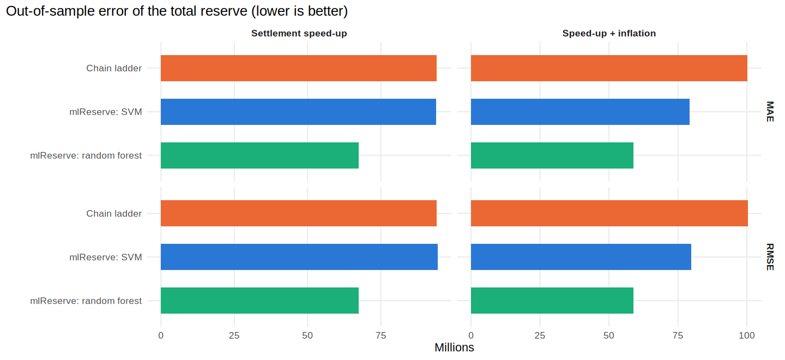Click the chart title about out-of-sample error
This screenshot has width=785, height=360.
click(177, 11)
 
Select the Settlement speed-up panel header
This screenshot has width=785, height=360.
click(299, 33)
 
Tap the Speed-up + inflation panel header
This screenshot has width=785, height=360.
click(609, 33)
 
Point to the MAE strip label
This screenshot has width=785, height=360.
click(770, 112)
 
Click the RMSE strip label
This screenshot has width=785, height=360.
click(770, 257)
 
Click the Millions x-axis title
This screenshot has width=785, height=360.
click(454, 347)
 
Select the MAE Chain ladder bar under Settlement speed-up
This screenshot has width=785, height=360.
click(299, 68)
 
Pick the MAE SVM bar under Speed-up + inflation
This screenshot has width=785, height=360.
click(580, 112)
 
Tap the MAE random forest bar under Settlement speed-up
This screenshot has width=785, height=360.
click(259, 155)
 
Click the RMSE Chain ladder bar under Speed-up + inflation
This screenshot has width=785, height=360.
click(609, 213)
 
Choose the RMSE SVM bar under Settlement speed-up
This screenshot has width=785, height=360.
click(299, 257)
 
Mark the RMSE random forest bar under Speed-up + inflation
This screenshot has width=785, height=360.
click(552, 301)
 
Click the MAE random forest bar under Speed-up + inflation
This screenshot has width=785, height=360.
click(552, 155)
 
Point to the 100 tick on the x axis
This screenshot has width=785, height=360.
click(746, 335)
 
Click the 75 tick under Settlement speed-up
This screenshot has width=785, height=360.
click(381, 335)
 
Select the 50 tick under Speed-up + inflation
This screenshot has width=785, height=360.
click(609, 335)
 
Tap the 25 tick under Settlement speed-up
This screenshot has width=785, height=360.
click(234, 335)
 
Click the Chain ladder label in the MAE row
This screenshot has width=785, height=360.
click(114, 68)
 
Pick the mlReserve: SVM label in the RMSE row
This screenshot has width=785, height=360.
click(106, 257)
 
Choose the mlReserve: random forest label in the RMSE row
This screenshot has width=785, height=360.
click(86, 301)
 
